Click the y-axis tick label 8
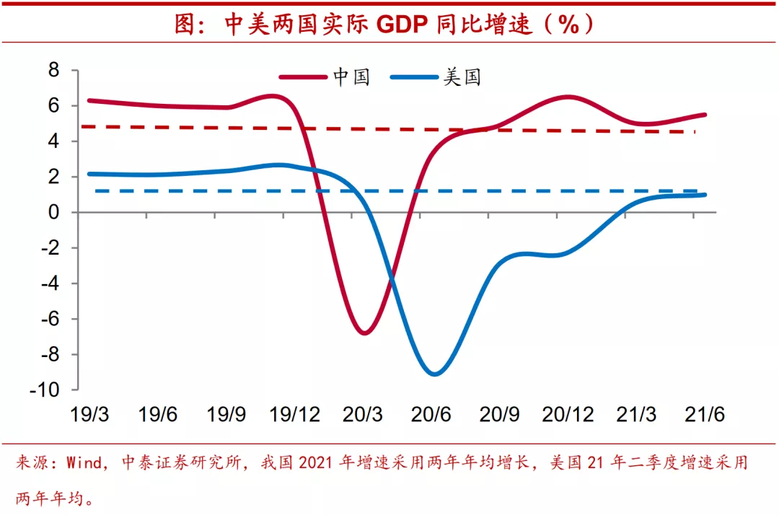tap(53, 71)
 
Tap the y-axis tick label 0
tap(53, 213)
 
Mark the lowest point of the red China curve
tap(364, 333)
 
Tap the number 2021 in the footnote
tap(318, 462)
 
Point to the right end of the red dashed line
tap(695, 132)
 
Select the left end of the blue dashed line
tap(96, 191)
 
